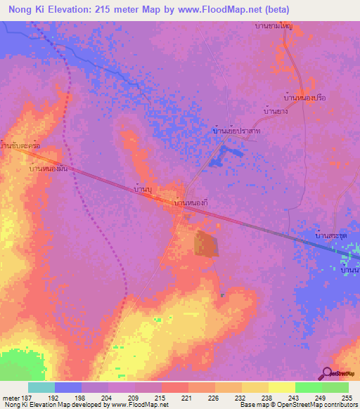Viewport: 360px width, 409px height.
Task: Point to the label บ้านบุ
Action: click(143, 190)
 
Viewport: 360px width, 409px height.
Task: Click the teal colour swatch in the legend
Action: click(41, 387)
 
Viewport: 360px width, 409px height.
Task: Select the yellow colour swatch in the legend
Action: click(282, 387)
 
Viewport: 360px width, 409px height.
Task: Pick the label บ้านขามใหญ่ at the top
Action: click(274, 25)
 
